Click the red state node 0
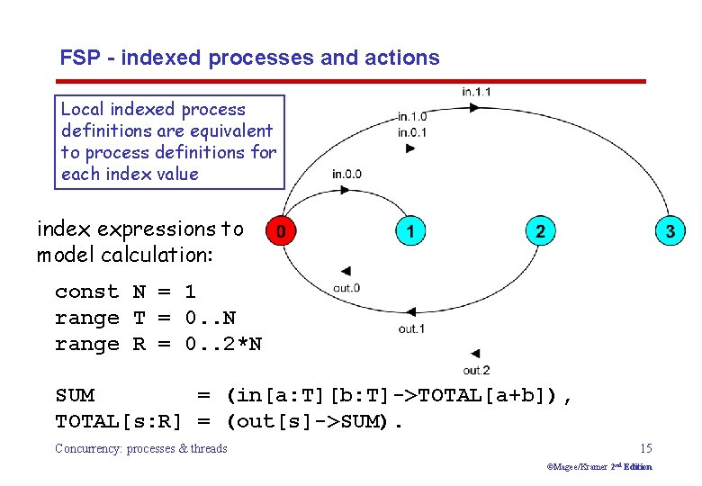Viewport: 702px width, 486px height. pos(282,231)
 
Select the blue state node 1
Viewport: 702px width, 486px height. pos(410,231)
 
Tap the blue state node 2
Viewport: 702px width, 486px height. pos(539,231)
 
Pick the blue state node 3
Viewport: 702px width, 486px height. pos(669,231)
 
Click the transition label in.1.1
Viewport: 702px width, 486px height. pos(476,92)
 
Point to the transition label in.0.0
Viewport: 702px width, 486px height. pos(346,174)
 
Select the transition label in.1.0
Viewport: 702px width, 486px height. pos(412,117)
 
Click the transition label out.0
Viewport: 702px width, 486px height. pos(346,288)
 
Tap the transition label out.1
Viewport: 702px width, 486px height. pos(411,328)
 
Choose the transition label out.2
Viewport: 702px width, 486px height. pos(476,370)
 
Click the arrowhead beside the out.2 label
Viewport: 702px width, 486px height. pos(475,354)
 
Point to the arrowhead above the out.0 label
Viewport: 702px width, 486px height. pos(345,271)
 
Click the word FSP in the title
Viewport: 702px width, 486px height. pos(79,58)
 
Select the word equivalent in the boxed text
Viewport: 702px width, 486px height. pos(229,130)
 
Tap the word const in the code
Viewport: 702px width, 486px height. pos(86,292)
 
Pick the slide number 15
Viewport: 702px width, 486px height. pos(645,448)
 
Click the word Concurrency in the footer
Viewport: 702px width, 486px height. pos(90,448)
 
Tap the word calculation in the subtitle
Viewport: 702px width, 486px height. pos(163,255)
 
